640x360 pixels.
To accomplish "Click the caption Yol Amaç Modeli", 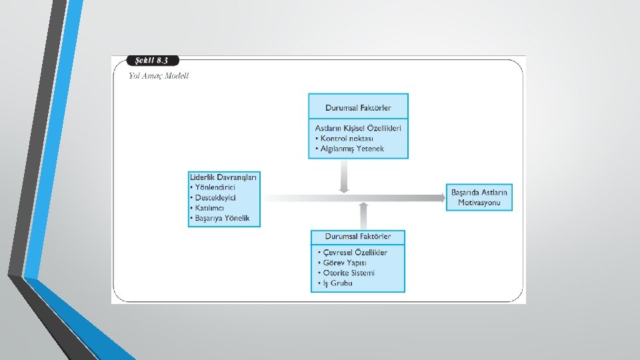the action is click(159, 75).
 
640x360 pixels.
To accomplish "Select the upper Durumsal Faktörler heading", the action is click(358, 107).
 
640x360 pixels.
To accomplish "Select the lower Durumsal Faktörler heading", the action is click(358, 237).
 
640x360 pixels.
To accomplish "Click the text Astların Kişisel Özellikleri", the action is click(358, 128).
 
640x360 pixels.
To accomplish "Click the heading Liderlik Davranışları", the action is click(223, 177).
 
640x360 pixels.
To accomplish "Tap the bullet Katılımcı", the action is click(209, 208).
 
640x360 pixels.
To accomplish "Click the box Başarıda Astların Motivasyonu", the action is click(479, 197).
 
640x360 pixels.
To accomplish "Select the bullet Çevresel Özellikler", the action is click(353, 253).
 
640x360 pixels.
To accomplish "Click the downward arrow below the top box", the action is click(343, 177).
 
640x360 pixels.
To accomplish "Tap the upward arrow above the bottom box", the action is click(363, 216).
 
